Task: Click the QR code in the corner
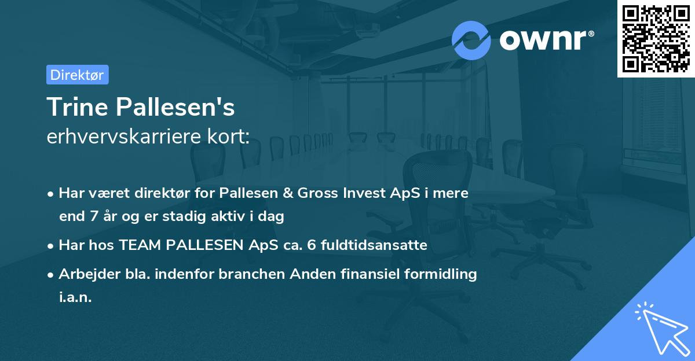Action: tap(656, 39)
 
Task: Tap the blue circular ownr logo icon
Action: tap(471, 40)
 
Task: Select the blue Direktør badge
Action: tap(77, 75)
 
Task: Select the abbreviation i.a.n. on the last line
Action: tap(76, 297)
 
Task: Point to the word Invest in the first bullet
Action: tap(359, 193)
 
